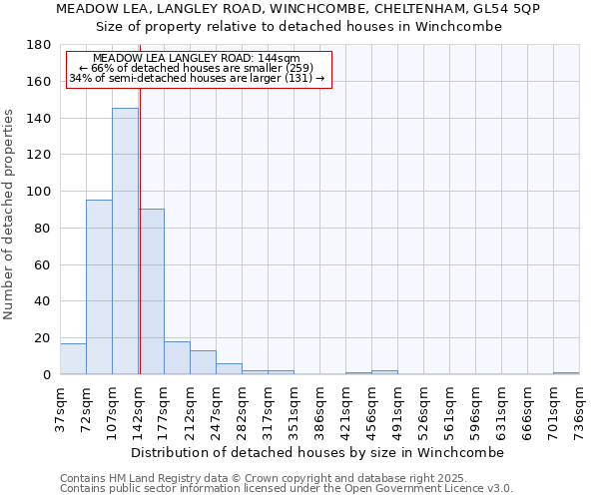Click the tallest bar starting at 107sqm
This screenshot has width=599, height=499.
(125, 242)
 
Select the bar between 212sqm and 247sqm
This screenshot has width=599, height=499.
(203, 362)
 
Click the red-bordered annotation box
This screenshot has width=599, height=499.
(198, 69)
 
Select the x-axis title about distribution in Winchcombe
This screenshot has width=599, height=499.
(318, 452)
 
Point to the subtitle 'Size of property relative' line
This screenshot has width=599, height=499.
(299, 26)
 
